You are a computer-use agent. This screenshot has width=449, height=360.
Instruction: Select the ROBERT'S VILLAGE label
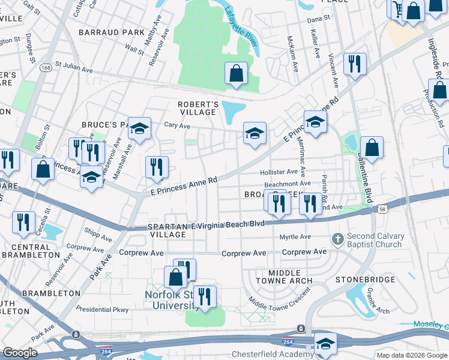pyautogui.click(x=197, y=108)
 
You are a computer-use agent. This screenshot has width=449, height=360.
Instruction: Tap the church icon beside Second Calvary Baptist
pyautogui.click(x=338, y=239)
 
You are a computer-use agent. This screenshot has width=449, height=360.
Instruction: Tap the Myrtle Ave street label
pyautogui.click(x=295, y=237)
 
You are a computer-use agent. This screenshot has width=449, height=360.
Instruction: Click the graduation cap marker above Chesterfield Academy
pyautogui.click(x=325, y=344)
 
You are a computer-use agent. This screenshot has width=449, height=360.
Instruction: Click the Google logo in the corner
pyautogui.click(x=20, y=353)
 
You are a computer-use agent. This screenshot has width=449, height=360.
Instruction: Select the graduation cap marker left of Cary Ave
pyautogui.click(x=139, y=128)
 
